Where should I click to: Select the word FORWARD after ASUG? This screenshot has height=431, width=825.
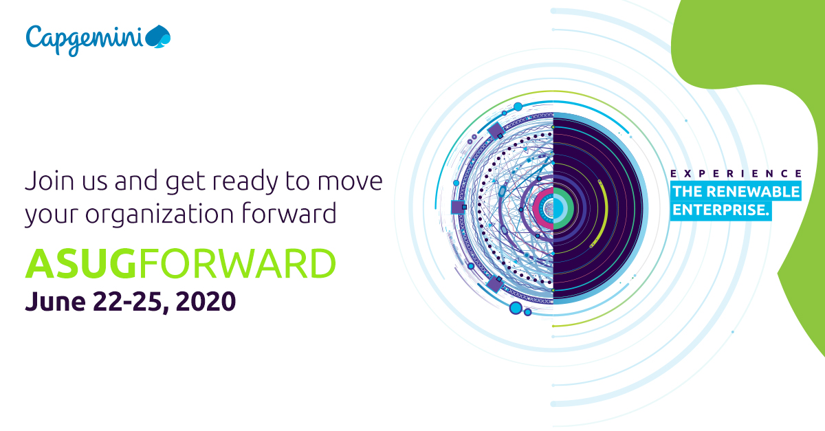tap(237, 265)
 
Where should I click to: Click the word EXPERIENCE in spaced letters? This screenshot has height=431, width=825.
tap(735, 174)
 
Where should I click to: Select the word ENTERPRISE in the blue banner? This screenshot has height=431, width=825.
tap(719, 210)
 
